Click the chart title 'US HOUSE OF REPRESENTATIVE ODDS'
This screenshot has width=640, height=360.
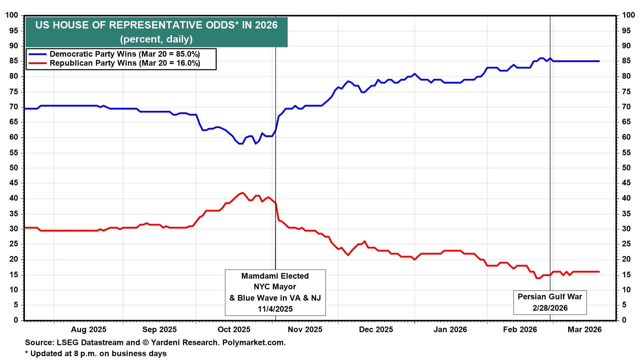(156, 25)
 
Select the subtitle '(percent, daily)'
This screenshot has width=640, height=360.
(156, 39)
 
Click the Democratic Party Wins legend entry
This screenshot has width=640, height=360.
(125, 54)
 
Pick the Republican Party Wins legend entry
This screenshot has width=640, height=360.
(125, 63)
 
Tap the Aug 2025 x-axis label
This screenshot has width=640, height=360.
(89, 330)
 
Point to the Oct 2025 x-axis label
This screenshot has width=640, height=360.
(234, 330)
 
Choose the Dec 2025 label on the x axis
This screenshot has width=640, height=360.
(376, 330)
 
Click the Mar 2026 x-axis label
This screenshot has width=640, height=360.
(585, 330)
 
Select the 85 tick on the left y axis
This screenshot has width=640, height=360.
(13, 61)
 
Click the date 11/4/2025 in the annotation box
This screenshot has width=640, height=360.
(275, 309)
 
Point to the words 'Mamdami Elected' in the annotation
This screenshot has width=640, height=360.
(275, 276)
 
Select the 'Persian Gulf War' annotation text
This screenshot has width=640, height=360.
(550, 297)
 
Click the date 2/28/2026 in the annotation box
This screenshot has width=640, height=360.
(550, 308)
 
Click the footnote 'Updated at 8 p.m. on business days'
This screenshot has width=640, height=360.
(98, 353)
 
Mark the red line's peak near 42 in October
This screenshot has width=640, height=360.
(242, 193)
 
